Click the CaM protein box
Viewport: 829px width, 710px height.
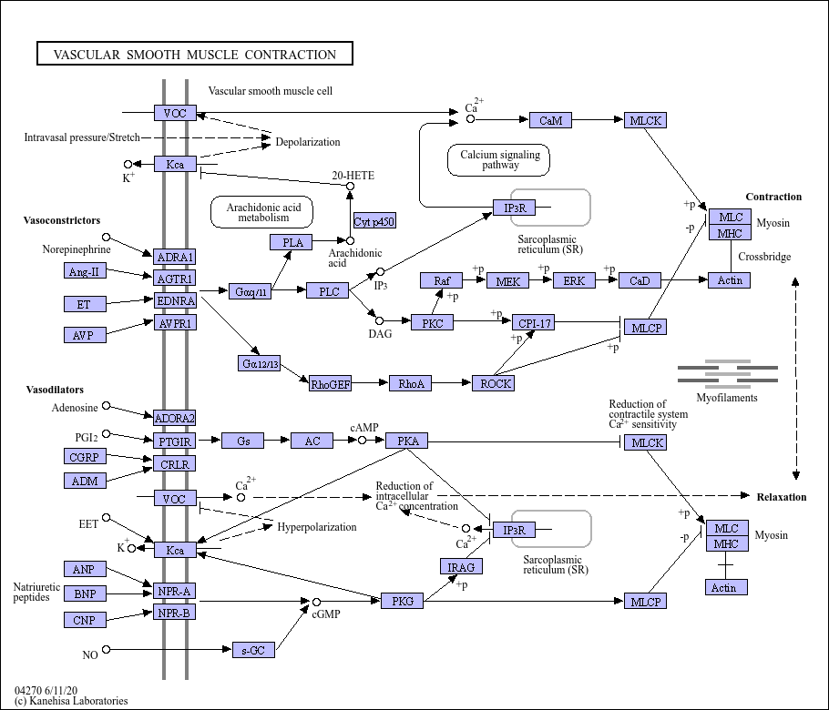tap(550, 120)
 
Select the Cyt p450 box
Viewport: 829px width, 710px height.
tap(374, 221)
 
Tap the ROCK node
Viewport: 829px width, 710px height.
tap(493, 383)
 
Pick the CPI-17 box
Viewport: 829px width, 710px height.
tap(534, 323)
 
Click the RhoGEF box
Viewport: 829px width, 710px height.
tap(331, 383)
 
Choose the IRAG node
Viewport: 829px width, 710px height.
tap(461, 566)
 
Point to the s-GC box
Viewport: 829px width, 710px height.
tap(254, 650)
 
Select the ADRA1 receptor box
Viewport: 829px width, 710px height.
tap(175, 257)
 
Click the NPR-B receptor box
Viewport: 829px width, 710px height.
tap(175, 613)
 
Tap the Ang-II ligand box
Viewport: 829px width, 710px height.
tap(85, 271)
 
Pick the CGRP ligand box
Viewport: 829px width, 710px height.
tap(85, 456)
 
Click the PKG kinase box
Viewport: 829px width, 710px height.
tap(402, 601)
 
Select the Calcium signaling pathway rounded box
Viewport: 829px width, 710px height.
tap(498, 160)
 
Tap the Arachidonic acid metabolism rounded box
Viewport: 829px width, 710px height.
tap(261, 212)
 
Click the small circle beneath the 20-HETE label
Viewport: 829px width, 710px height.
tap(350, 186)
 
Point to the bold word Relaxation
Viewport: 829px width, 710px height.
tap(782, 497)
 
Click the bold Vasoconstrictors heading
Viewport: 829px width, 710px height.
tap(62, 220)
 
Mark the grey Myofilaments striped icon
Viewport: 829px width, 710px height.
tap(728, 374)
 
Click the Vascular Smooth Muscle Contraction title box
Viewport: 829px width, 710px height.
tap(195, 54)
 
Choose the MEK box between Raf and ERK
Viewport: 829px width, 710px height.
tap(507, 281)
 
